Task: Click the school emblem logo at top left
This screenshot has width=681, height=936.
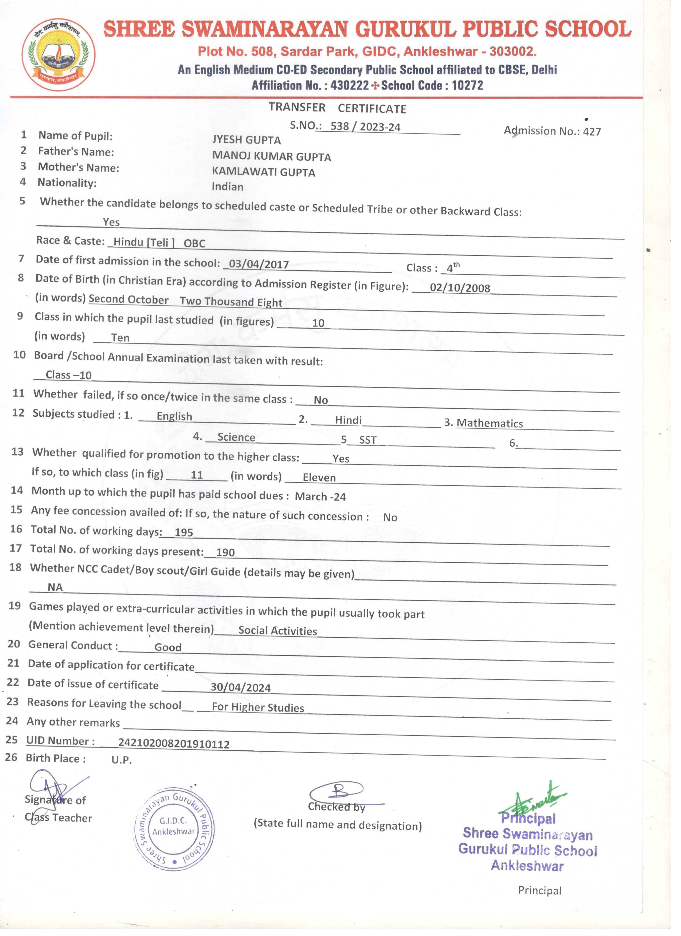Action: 59,54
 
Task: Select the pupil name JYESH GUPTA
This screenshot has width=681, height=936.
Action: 246,140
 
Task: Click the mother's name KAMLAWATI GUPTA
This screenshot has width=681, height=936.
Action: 264,172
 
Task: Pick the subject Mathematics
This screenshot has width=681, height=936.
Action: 490,423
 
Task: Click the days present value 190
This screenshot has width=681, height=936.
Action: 225,552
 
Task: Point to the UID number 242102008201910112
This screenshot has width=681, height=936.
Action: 174,744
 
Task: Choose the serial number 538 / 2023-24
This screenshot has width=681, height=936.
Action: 366,126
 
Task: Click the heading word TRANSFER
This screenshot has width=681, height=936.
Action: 297,107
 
